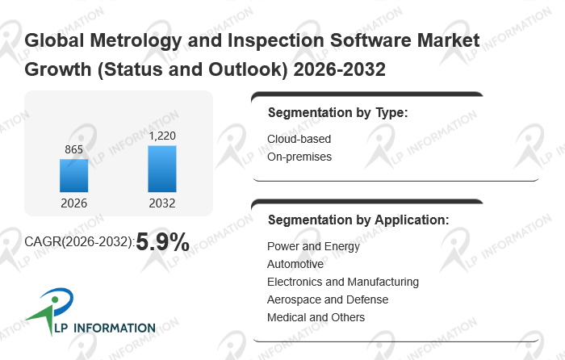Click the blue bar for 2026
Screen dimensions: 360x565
(74, 176)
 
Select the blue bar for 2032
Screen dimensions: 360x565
(162, 169)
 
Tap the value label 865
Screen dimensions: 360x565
(74, 149)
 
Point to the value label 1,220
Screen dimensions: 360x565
(162, 136)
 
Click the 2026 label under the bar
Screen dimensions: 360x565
(74, 203)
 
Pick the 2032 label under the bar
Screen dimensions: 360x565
(162, 203)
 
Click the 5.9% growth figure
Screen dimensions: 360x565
(162, 241)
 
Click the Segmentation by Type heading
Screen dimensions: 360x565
(337, 112)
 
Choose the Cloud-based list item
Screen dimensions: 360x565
(299, 139)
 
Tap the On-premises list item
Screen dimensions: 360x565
(299, 157)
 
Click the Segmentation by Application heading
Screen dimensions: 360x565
(358, 219)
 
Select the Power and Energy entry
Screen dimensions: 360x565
(313, 246)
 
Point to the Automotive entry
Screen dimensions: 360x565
(295, 264)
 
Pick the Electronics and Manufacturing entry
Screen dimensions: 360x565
(343, 282)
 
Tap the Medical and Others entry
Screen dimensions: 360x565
(316, 317)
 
